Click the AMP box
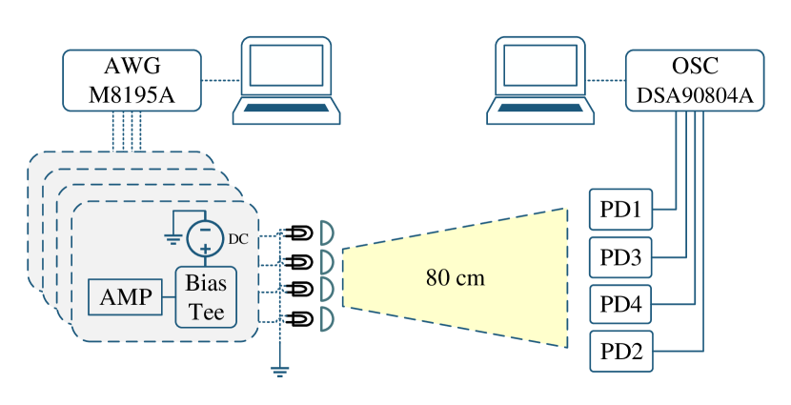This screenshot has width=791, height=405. [x=125, y=297]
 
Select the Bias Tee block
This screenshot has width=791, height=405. [x=205, y=297]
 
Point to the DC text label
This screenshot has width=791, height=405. [x=238, y=240]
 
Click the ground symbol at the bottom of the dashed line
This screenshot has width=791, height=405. [x=280, y=370]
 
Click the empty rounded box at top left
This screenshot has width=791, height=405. [x=132, y=80]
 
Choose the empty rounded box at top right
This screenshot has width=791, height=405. [x=694, y=80]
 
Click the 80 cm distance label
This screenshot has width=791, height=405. [x=455, y=278]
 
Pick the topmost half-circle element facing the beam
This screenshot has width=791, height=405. [x=325, y=233]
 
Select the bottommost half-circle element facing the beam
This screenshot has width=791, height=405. [x=325, y=318]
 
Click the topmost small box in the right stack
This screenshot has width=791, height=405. [x=620, y=209]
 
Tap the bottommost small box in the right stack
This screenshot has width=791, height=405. [x=620, y=351]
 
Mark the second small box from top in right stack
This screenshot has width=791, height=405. [x=620, y=256]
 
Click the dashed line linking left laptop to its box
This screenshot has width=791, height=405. [x=219, y=80]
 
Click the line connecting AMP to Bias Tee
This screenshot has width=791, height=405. [x=169, y=297]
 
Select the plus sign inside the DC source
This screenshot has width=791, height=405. [x=205, y=247]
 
